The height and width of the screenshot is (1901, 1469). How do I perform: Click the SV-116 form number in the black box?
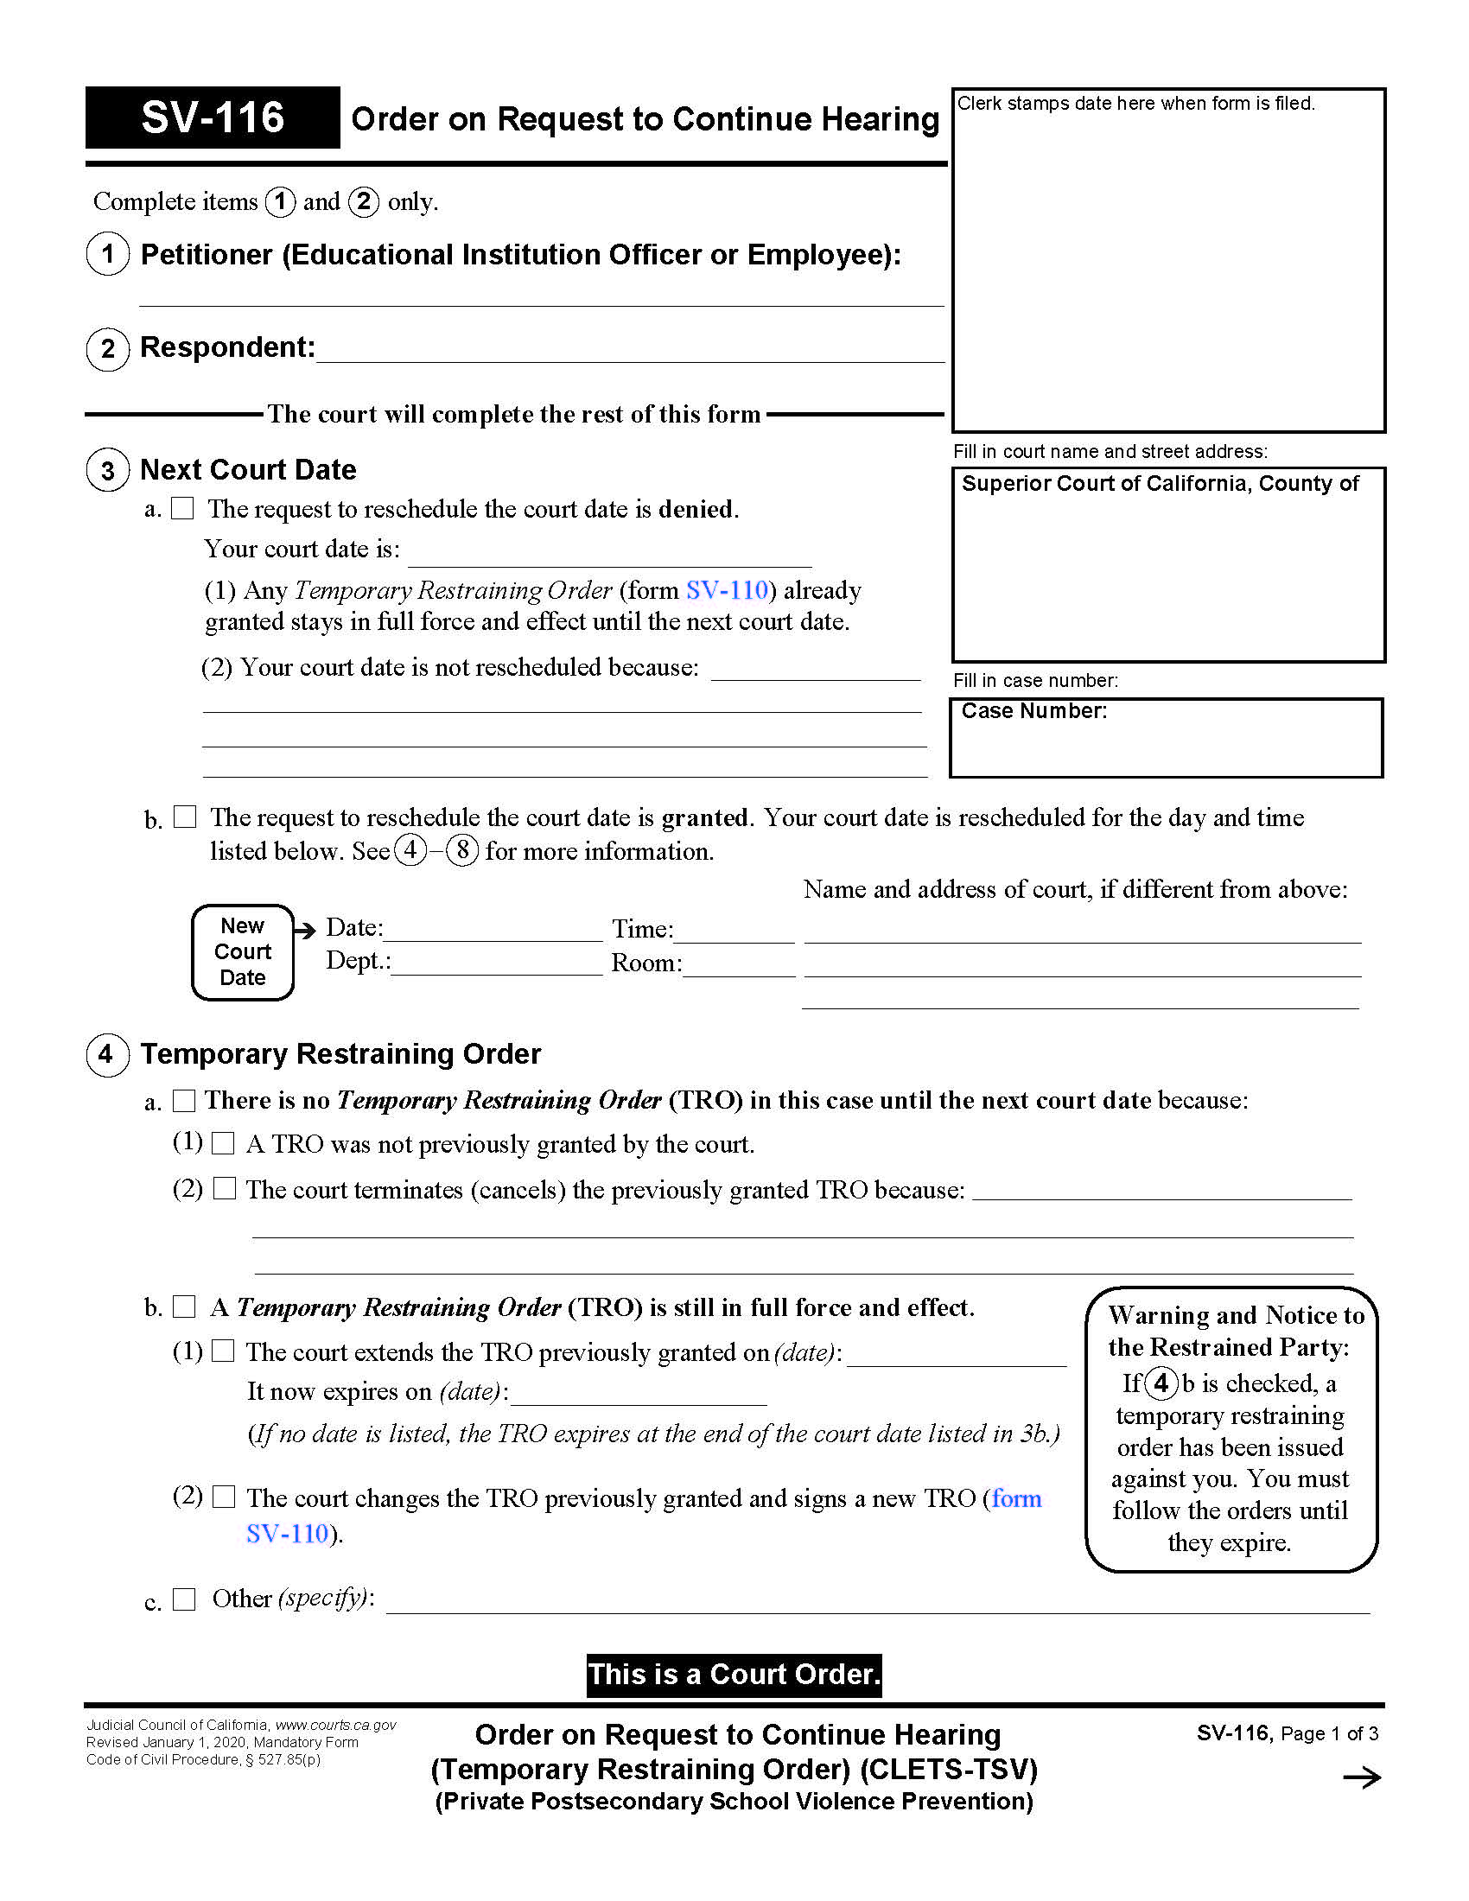[213, 118]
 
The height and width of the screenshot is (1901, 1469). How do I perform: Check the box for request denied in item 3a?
[182, 508]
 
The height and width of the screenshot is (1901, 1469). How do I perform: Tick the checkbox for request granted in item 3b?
[185, 817]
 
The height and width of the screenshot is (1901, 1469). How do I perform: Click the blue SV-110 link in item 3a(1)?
[727, 590]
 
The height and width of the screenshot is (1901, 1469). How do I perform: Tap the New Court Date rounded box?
[243, 951]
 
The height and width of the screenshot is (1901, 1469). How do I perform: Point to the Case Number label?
[1033, 711]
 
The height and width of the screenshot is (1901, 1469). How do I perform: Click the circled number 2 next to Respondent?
[108, 349]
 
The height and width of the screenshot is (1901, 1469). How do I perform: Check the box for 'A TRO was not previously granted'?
[224, 1143]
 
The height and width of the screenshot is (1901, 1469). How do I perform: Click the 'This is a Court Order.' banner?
[734, 1675]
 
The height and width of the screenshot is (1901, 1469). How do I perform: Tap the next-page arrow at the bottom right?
[1361, 1777]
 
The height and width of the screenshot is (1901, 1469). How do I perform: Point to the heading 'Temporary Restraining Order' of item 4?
[340, 1053]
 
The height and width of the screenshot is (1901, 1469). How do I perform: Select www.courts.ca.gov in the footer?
[336, 1725]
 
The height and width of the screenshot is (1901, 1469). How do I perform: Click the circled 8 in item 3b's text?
[462, 849]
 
